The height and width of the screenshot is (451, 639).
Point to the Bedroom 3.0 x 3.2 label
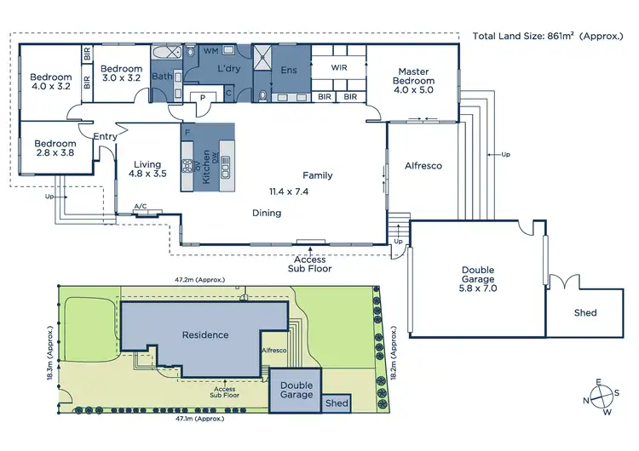coord(120,72)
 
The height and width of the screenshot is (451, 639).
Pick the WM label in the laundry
coord(210,52)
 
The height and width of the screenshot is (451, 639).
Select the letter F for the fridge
coord(186,133)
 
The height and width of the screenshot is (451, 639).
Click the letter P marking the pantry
coord(203,98)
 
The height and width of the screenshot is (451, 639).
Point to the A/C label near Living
coord(141,206)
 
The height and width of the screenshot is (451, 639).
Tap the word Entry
coord(105,136)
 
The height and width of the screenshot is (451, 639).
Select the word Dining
coord(267,213)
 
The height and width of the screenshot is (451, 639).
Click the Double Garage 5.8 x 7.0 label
coord(475,279)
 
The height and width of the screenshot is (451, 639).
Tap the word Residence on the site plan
coord(205,334)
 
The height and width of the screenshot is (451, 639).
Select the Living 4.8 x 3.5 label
coord(147,167)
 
